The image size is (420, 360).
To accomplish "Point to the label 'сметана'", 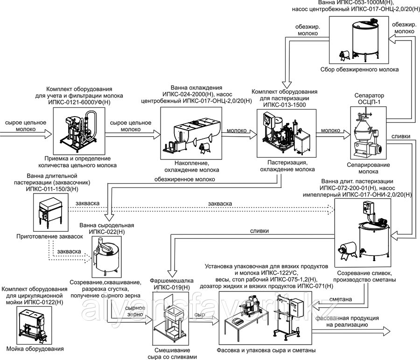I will coord(340,299).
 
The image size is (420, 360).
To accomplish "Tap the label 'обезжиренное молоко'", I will coord(185,180).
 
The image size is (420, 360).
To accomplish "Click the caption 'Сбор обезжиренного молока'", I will coord(359,69).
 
